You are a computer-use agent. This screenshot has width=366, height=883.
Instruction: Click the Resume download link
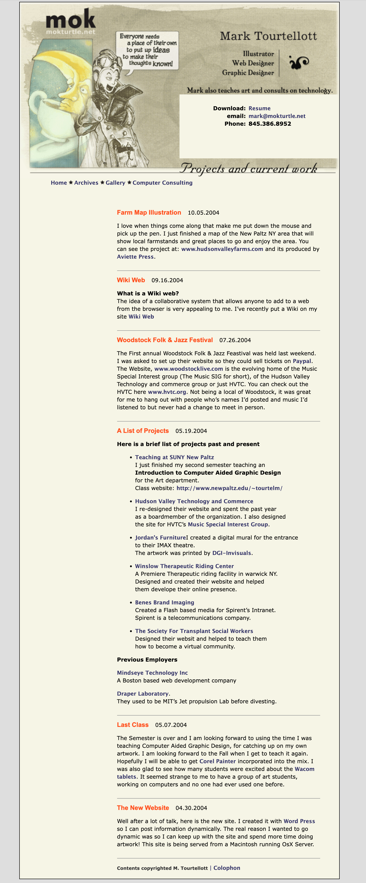coord(259,108)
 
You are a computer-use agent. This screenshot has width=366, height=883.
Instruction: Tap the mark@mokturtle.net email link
coord(277,116)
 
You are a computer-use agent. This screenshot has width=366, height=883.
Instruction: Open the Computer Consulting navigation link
coord(162,183)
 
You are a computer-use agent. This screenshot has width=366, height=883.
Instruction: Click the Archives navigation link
coord(86,183)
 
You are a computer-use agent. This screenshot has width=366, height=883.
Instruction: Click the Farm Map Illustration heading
coord(149,213)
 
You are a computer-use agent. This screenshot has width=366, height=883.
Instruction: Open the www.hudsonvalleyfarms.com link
coord(222,249)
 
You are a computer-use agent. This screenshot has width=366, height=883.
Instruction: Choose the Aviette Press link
coord(135,257)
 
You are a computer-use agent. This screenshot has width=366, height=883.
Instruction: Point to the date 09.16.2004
coord(167,280)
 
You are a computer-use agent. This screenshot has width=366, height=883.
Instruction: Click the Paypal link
coord(302,361)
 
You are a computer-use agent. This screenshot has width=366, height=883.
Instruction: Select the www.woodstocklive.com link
coord(189,369)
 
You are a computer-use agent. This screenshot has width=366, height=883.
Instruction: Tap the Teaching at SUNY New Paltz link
coord(174,457)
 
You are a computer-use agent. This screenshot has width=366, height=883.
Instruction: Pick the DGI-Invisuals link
coord(232,553)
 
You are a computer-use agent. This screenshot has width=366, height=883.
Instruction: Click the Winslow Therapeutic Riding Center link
coord(184,566)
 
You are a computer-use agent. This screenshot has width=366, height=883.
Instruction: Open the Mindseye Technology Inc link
coord(152,673)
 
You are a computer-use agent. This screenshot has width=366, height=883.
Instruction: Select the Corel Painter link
coord(218,761)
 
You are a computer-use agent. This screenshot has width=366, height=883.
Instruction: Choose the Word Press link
coord(299,821)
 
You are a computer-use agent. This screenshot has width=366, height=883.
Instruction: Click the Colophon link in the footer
coord(226,868)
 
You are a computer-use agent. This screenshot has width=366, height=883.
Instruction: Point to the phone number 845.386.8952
coord(270,124)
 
